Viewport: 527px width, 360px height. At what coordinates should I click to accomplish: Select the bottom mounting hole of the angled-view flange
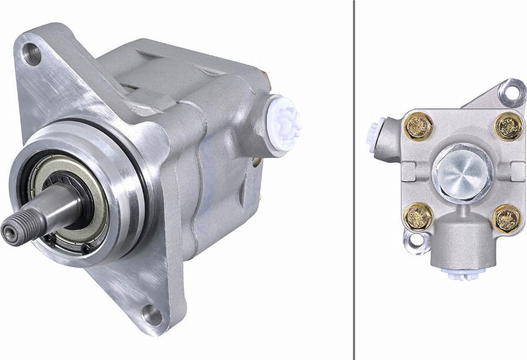pos(152,314)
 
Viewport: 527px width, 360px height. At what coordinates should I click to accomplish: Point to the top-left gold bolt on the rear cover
pos(418,126)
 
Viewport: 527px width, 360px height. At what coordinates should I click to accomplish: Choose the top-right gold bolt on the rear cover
pos(508,126)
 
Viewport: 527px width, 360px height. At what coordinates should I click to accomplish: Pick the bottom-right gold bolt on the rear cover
pos(507,218)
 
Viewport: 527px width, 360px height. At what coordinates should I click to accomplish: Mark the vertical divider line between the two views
pos(354,176)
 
